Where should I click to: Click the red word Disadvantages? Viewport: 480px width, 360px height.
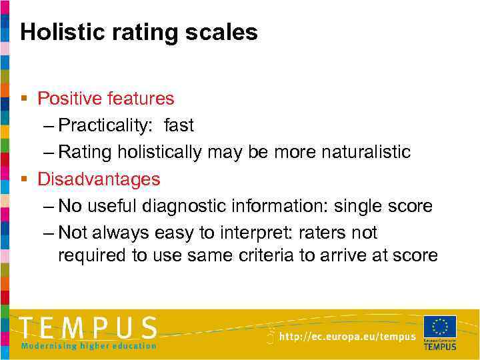pyautogui.click(x=99, y=179)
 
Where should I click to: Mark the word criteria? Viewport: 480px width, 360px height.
pyautogui.click(x=265, y=255)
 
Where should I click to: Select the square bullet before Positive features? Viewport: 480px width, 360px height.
pyautogui.click(x=24, y=99)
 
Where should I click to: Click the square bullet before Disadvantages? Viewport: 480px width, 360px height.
pyautogui.click(x=24, y=179)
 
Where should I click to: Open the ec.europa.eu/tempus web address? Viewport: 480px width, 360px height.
pyautogui.click(x=347, y=337)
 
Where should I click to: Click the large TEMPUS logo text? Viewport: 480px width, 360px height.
pyautogui.click(x=89, y=328)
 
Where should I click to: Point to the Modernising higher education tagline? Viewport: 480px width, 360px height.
pyautogui.click(x=89, y=345)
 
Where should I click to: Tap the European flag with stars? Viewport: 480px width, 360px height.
pyautogui.click(x=440, y=327)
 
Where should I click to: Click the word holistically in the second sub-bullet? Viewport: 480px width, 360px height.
pyautogui.click(x=159, y=152)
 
